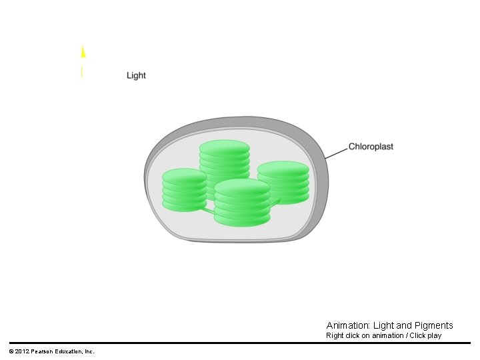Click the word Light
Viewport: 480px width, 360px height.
point(136,75)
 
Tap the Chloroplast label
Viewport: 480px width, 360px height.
point(371,146)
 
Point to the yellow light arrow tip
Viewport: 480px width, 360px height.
point(83,51)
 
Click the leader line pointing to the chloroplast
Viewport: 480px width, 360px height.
point(337,152)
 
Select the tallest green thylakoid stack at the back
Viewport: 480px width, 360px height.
point(225,163)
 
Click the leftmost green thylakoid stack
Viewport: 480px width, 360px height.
point(185,190)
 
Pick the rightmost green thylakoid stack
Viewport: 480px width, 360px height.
point(283,182)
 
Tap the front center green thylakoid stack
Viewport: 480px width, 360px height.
point(242,203)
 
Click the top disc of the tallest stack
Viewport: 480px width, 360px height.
point(225,147)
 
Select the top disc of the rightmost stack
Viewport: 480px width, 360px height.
point(283,169)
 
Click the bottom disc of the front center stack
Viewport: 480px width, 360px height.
point(242,219)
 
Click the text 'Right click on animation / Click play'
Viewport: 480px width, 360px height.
point(383,335)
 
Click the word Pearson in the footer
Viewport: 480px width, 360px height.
point(43,351)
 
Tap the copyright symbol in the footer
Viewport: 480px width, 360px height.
point(11,351)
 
